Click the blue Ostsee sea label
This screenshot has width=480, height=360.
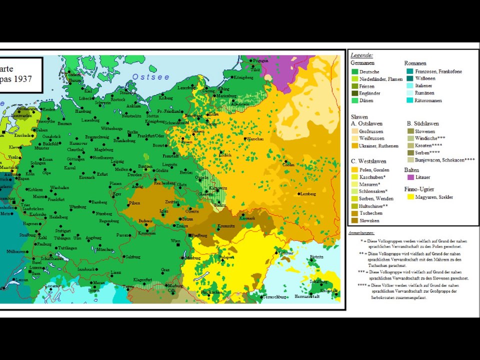tap(150, 76)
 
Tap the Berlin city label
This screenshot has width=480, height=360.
tap(132, 132)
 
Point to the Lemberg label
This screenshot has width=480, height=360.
tap(308, 193)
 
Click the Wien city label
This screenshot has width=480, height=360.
tap(175, 240)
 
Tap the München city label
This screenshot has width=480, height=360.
tap(105, 249)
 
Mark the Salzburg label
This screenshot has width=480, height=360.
tap(132, 256)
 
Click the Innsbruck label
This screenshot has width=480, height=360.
tap(85, 269)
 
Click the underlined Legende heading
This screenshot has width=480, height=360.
tap(361, 55)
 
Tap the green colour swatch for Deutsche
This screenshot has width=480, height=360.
tap(354, 72)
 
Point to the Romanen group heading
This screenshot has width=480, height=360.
tap(415, 63)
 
